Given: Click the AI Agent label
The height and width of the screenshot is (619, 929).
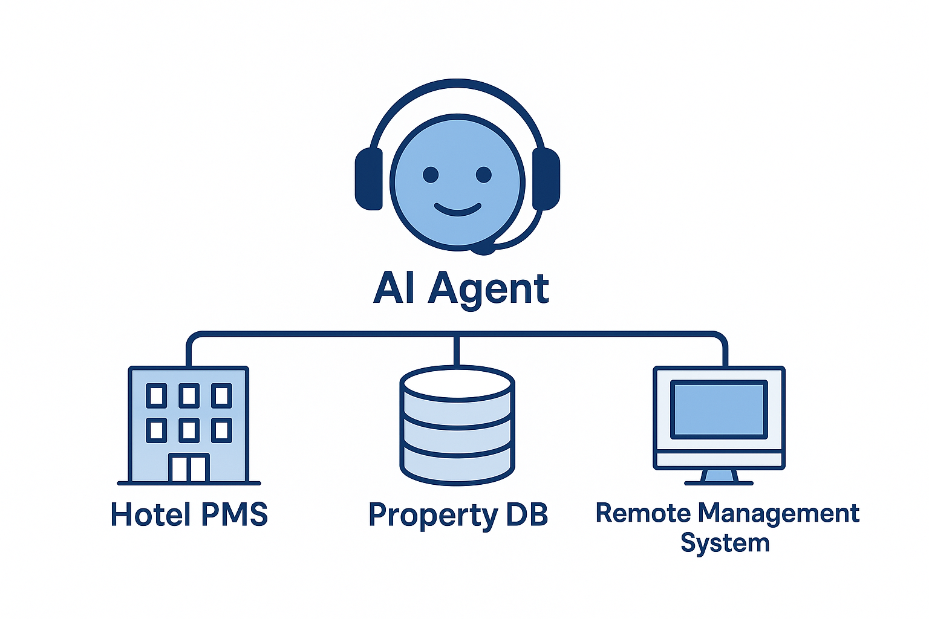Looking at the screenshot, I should (x=461, y=289).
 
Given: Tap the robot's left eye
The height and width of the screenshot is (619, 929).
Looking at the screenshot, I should (x=431, y=175).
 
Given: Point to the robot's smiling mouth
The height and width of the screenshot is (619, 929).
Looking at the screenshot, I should (x=458, y=210).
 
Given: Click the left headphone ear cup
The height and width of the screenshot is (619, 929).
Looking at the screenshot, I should (x=368, y=179).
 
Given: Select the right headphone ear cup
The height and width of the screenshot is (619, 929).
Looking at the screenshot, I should (x=546, y=179).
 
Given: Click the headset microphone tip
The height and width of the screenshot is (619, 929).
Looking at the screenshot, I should (x=483, y=248).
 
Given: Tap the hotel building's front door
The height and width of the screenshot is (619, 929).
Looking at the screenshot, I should (x=189, y=468).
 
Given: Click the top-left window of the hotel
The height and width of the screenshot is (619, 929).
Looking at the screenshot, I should (x=157, y=396).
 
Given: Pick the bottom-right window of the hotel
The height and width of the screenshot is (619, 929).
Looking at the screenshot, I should (x=221, y=430).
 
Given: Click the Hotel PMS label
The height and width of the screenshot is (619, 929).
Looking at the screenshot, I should (x=189, y=514).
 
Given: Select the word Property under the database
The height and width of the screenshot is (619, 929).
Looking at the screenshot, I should (x=432, y=516).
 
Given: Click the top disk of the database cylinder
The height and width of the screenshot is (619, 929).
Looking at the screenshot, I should (x=457, y=383).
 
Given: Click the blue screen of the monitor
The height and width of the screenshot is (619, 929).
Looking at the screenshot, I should (x=719, y=409).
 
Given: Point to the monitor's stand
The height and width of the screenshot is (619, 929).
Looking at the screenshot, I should (x=719, y=477).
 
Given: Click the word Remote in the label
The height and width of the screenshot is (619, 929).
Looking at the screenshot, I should (x=642, y=513).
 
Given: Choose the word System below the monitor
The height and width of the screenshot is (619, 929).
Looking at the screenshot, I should (x=725, y=543).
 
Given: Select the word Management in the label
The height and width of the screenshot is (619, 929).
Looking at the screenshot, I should (x=778, y=513).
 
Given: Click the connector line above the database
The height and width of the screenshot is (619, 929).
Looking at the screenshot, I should (x=457, y=351).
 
